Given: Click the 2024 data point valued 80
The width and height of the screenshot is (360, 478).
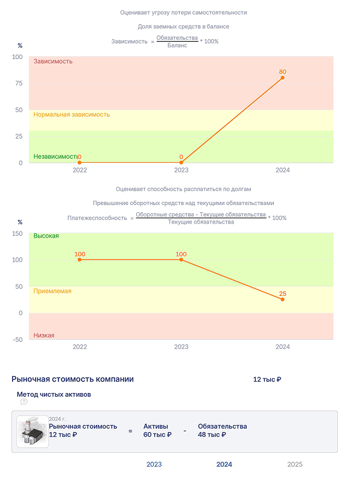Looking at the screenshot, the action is (x=282, y=78).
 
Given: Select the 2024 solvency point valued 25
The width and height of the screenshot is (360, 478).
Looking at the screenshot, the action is (x=282, y=300).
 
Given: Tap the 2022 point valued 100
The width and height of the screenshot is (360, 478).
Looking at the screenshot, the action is (x=80, y=260).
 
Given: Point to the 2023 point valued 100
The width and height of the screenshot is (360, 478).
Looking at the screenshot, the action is (x=182, y=260).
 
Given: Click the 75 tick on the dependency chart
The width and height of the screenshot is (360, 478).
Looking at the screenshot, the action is (x=19, y=83).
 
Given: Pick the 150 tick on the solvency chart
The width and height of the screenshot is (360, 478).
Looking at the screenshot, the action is (x=17, y=233).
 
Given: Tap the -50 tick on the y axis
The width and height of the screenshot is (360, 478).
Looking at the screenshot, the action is (x=17, y=339).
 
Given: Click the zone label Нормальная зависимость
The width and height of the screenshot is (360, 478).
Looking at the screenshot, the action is (x=72, y=115).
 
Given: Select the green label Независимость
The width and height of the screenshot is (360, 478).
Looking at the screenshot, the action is (x=55, y=156).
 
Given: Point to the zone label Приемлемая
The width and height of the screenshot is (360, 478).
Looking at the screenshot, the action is (x=52, y=291).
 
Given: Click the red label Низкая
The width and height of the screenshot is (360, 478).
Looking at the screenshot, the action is (x=44, y=335).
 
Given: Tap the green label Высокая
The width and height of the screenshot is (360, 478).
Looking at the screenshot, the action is (x=46, y=236).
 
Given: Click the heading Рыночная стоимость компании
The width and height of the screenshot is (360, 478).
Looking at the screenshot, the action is (x=72, y=379).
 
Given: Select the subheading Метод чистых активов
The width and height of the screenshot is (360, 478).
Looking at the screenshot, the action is (x=54, y=394).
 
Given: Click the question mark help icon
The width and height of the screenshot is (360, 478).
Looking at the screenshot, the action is (x=24, y=402).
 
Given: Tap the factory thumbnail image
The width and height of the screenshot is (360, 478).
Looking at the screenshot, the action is (x=33, y=432).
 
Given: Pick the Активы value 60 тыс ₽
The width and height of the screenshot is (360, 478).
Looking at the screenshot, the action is (x=157, y=435).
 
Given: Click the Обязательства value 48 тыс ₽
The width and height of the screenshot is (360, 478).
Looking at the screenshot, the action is (x=212, y=435).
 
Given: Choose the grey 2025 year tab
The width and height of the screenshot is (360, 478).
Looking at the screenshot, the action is (x=295, y=464).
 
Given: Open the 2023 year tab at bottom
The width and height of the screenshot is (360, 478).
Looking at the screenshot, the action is (x=154, y=464).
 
